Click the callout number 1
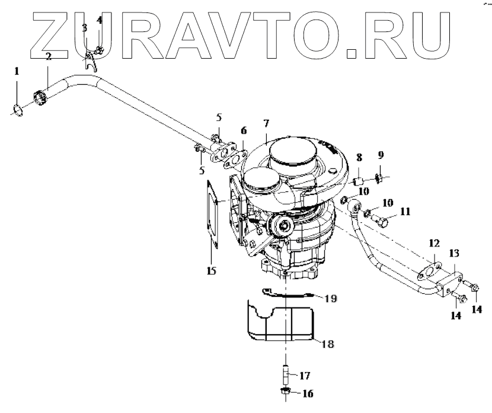[17, 72]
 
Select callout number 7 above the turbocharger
[266, 124]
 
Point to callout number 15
[212, 271]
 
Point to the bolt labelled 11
[382, 223]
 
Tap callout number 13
[454, 253]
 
